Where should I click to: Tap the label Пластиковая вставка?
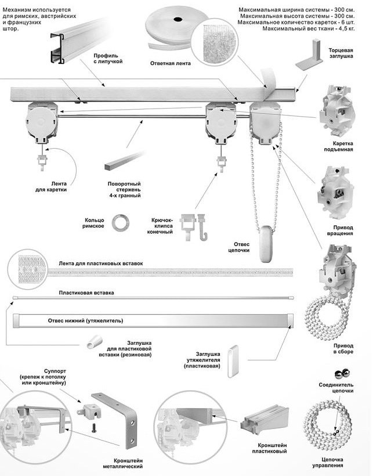point(86,293)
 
